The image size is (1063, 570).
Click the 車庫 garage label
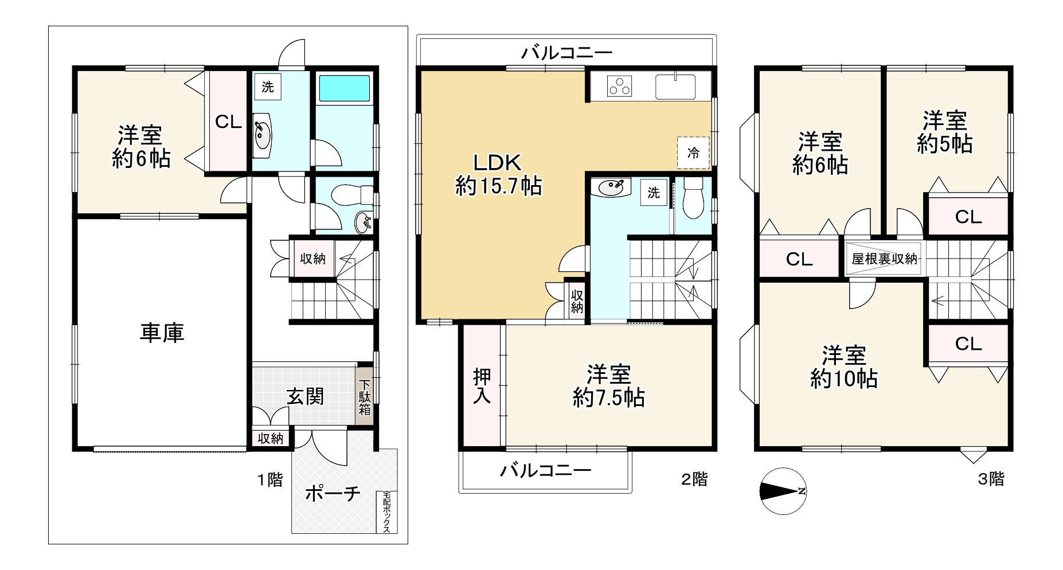click(162, 333)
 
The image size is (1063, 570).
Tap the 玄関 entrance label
click(306, 396)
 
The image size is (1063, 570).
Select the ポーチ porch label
click(333, 493)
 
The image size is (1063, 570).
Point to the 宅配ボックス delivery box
click(387, 512)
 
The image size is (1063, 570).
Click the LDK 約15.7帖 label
click(498, 175)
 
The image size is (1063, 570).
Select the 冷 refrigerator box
click(693, 153)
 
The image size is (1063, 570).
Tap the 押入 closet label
click(482, 386)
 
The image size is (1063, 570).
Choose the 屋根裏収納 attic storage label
click(884, 259)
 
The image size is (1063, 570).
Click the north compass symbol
click(783, 491)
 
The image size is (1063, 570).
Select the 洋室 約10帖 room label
click(843, 367)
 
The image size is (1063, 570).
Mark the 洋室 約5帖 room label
click(944, 132)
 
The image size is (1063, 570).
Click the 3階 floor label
click(990, 479)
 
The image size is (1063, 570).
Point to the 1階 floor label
click(269, 479)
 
